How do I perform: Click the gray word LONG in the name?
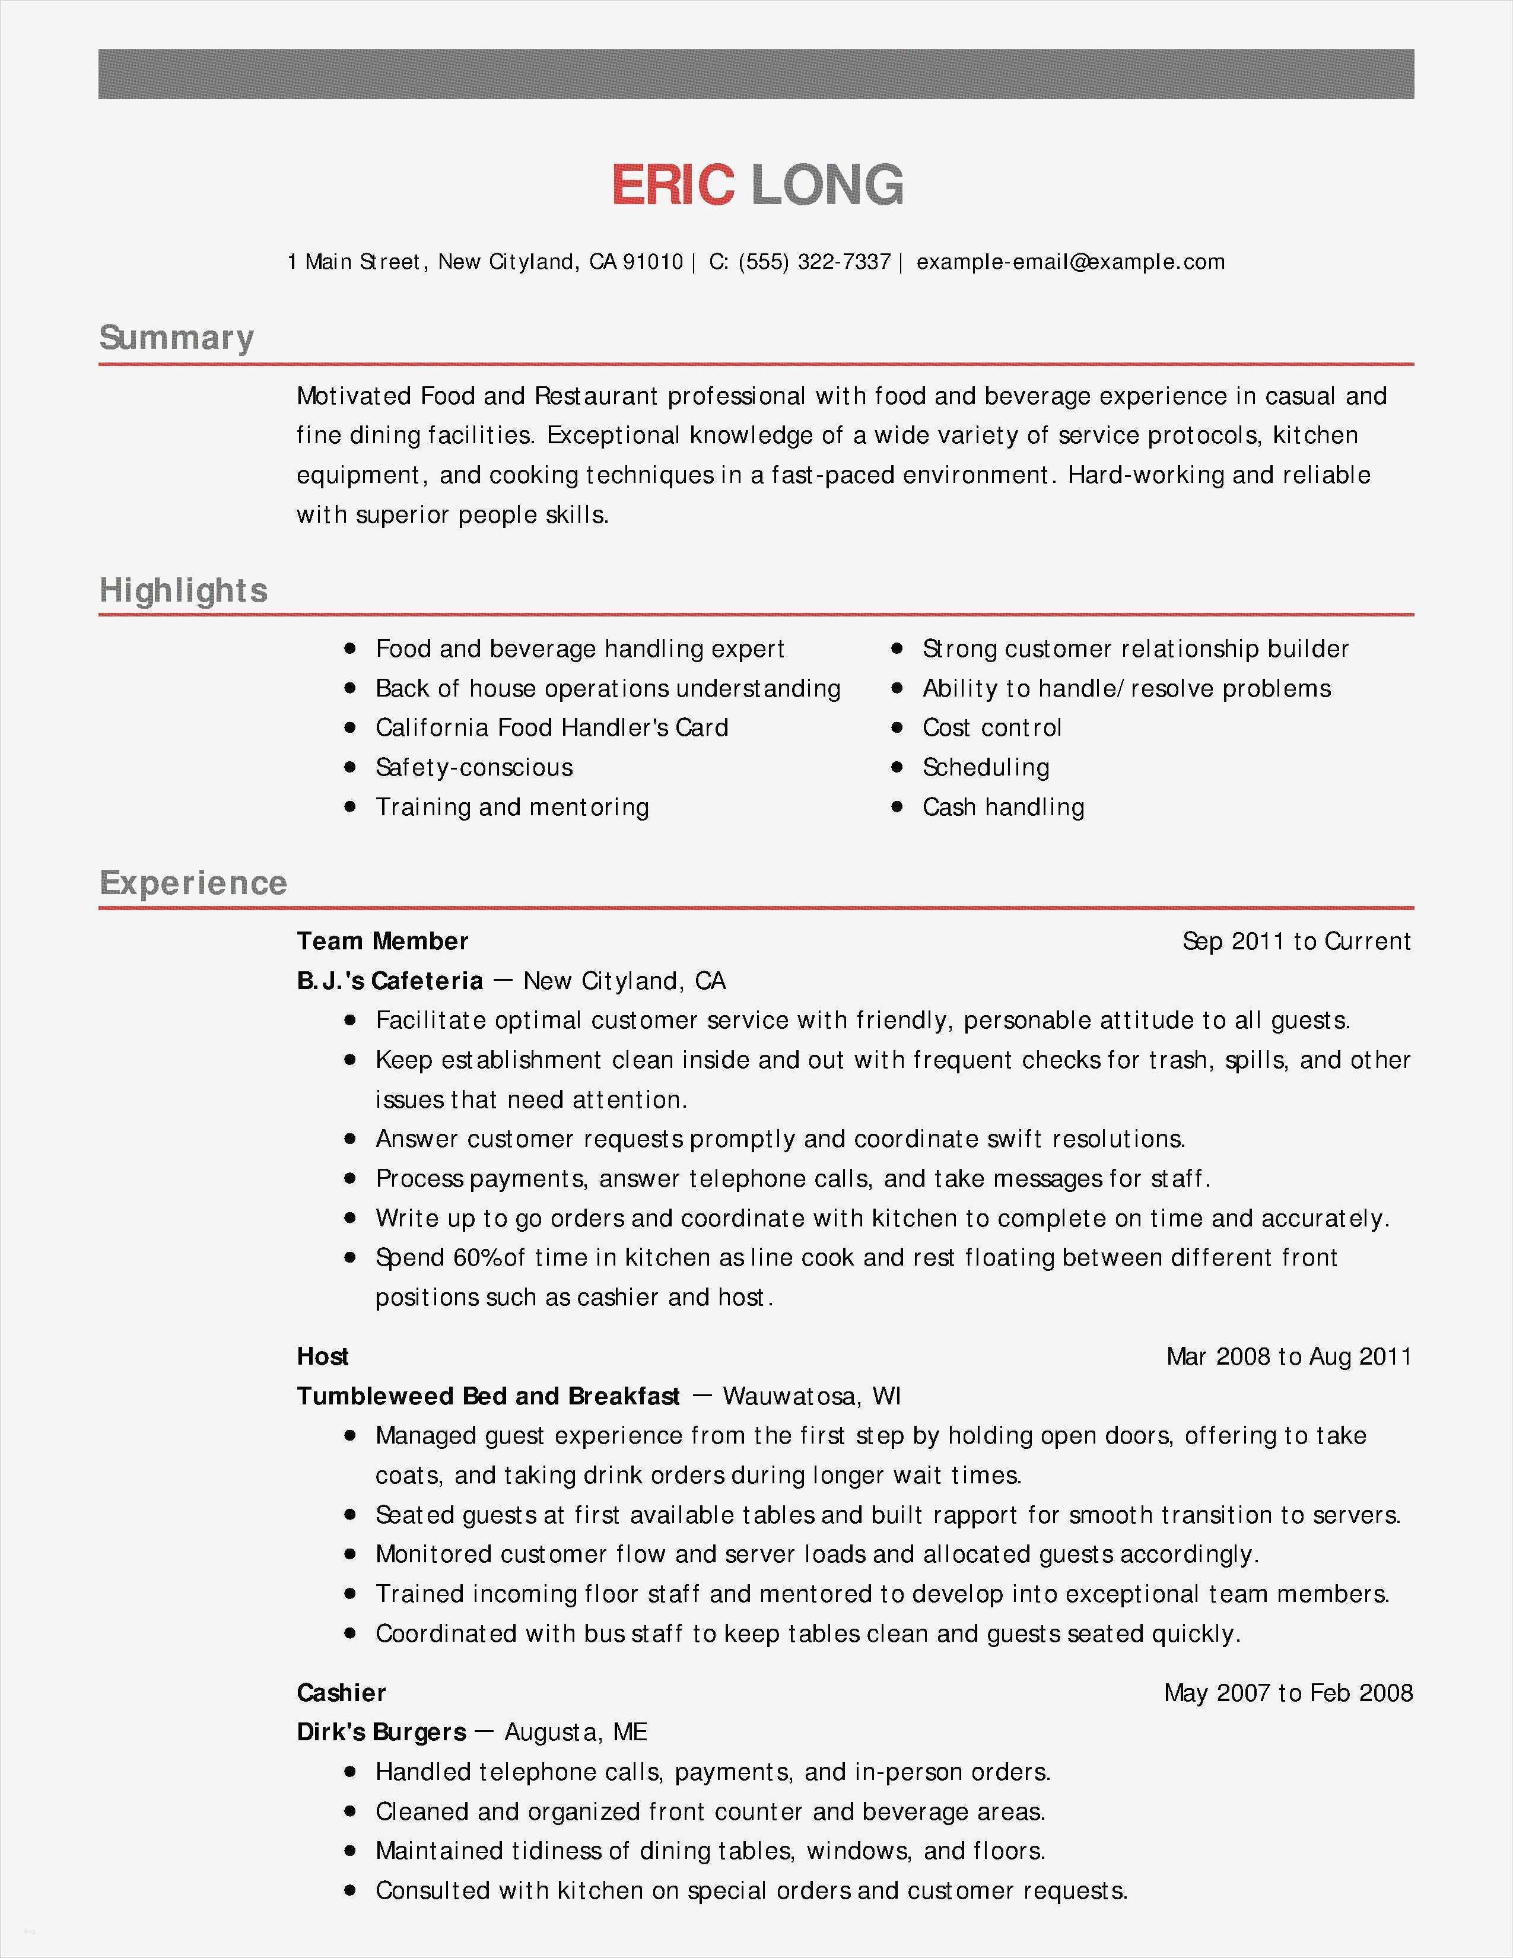point(827,186)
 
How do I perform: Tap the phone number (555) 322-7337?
point(814,262)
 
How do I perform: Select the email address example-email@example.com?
point(1070,262)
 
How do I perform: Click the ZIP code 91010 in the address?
point(653,262)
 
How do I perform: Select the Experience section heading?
point(193,883)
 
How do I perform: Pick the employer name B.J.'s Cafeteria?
point(390,981)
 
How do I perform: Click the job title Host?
point(323,1356)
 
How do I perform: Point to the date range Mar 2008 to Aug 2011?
point(1288,1356)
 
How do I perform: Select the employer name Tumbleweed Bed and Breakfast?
point(488,1396)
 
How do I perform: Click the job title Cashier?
point(342,1693)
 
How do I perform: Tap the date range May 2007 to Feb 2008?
point(1288,1693)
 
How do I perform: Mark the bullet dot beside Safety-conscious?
point(351,767)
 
